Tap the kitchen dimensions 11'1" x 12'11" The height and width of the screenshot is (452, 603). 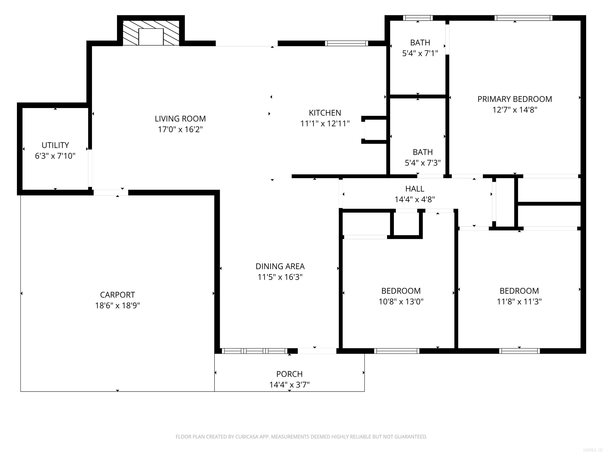click(x=325, y=124)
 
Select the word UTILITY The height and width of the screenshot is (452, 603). click(x=55, y=145)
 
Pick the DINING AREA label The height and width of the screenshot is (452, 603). click(x=280, y=266)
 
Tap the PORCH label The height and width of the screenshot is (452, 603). click(x=289, y=374)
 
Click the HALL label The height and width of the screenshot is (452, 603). click(x=415, y=189)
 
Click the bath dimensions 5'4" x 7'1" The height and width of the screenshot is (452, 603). click(x=420, y=53)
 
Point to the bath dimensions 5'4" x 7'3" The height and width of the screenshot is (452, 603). click(x=423, y=163)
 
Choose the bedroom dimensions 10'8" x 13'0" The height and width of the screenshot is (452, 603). click(x=401, y=302)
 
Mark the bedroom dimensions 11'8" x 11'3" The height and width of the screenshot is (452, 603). click(x=519, y=302)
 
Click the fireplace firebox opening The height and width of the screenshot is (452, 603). click(x=151, y=37)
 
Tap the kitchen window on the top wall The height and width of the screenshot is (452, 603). click(x=346, y=43)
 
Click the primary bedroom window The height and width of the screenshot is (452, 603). click(x=523, y=18)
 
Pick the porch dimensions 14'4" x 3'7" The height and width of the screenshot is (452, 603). click(x=289, y=385)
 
